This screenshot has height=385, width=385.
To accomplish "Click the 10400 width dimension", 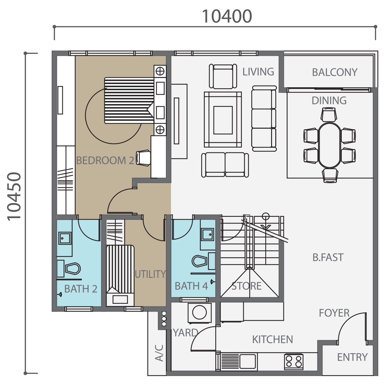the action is pyautogui.click(x=227, y=16).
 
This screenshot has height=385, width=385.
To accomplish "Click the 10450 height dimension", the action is pyautogui.click(x=14, y=196).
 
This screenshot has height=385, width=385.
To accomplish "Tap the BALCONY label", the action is pyautogui.click(x=335, y=72).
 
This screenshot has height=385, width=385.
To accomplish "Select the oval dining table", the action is pyautogui.click(x=329, y=145).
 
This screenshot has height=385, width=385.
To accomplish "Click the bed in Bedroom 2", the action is pyautogui.click(x=129, y=100).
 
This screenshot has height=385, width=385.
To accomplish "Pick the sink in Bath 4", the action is pyautogui.click(x=208, y=234).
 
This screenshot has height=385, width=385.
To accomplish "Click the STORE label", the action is pyautogui.click(x=246, y=286).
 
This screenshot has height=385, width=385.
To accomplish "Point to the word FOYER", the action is pyautogui.click(x=334, y=313).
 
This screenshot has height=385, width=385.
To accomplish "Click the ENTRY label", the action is pyautogui.click(x=352, y=357).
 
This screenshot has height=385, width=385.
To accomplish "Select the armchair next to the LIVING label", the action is pyautogui.click(x=223, y=76).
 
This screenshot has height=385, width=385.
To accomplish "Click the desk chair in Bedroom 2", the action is pyautogui.click(x=143, y=158).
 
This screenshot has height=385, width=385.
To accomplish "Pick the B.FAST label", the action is pyautogui.click(x=328, y=257).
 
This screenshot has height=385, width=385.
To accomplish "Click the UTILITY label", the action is pyautogui.click(x=150, y=274).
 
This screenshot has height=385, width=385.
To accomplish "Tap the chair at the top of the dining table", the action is pyautogui.click(x=329, y=115).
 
